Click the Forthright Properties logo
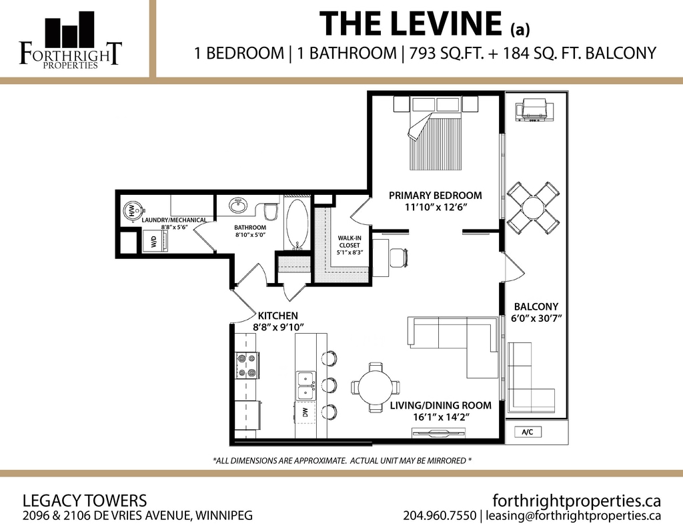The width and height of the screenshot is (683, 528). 70,40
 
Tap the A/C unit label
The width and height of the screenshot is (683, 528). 528,432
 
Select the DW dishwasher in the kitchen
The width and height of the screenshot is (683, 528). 305,412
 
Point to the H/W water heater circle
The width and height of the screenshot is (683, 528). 132,211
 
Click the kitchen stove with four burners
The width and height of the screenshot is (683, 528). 247,365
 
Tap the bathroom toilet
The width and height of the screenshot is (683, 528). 272,212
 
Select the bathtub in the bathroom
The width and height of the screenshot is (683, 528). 297,224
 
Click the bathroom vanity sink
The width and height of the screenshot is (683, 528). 238,205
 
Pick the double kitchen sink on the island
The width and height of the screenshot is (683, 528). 306,386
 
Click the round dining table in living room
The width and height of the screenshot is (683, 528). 375,387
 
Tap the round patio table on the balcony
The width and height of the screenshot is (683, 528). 533,208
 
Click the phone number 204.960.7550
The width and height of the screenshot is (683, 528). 440,515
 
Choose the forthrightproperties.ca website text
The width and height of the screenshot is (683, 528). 577,500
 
